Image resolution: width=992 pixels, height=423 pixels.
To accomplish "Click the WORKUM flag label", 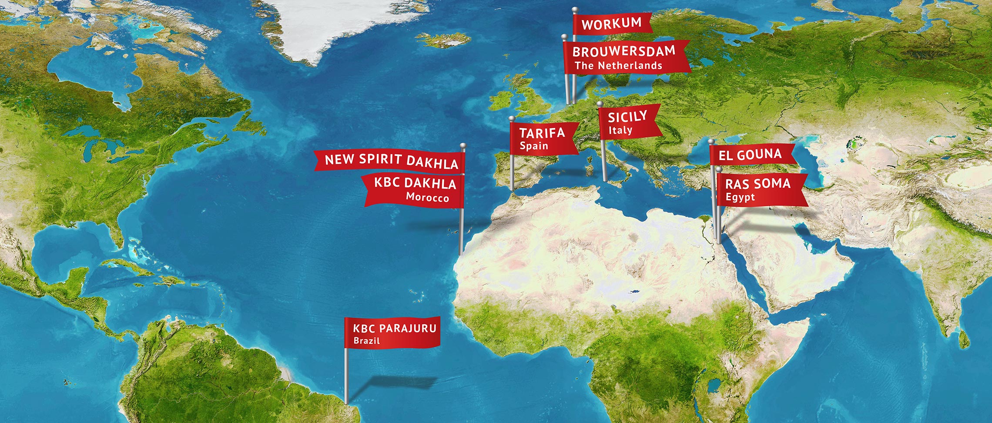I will (x=611, y=24).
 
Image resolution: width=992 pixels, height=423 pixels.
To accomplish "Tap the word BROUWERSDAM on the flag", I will (x=623, y=52).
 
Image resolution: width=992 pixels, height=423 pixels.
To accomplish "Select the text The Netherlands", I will (x=618, y=66).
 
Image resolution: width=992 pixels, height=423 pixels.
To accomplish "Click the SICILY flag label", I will (x=627, y=117).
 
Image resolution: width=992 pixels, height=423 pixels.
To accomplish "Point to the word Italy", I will (x=620, y=130).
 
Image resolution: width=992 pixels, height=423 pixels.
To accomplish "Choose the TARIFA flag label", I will (x=542, y=133).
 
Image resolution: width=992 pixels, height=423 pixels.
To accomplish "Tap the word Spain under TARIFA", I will (x=533, y=146).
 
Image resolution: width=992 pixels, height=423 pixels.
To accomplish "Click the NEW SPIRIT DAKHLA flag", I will (x=391, y=160).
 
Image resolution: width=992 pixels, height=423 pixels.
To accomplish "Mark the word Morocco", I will (x=427, y=198).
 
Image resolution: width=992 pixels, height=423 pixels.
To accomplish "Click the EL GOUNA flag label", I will (x=750, y=154).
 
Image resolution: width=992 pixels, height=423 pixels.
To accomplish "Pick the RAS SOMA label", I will (x=757, y=184).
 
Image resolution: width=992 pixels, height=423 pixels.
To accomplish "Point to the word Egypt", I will (x=740, y=197).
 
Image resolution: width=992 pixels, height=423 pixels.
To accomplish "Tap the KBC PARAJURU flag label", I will (x=394, y=328).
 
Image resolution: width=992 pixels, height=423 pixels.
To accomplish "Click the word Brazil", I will (x=366, y=340).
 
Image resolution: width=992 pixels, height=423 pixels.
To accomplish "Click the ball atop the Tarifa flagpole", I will (x=512, y=118).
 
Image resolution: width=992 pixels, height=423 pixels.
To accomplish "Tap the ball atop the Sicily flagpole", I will (x=600, y=104).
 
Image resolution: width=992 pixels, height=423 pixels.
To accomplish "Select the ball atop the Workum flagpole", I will (x=574, y=10).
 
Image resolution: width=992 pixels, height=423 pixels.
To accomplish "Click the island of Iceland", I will (x=446, y=40).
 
